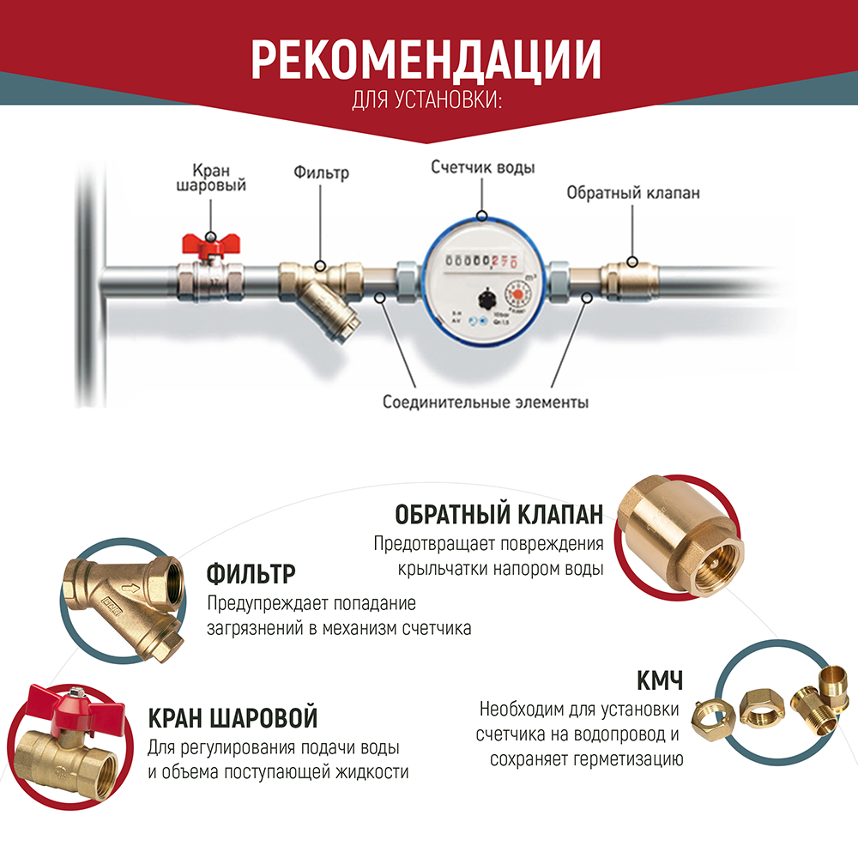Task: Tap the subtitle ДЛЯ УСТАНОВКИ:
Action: pos(426,101)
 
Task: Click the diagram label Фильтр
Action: pos(321,172)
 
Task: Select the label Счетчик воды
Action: pos(482,167)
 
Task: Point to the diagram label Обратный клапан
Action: pos(632,193)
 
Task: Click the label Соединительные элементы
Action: pos(486,402)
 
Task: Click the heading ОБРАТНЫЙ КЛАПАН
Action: pos(499,515)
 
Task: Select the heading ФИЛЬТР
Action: pos(251,573)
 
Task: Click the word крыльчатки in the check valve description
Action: pos(445,569)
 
